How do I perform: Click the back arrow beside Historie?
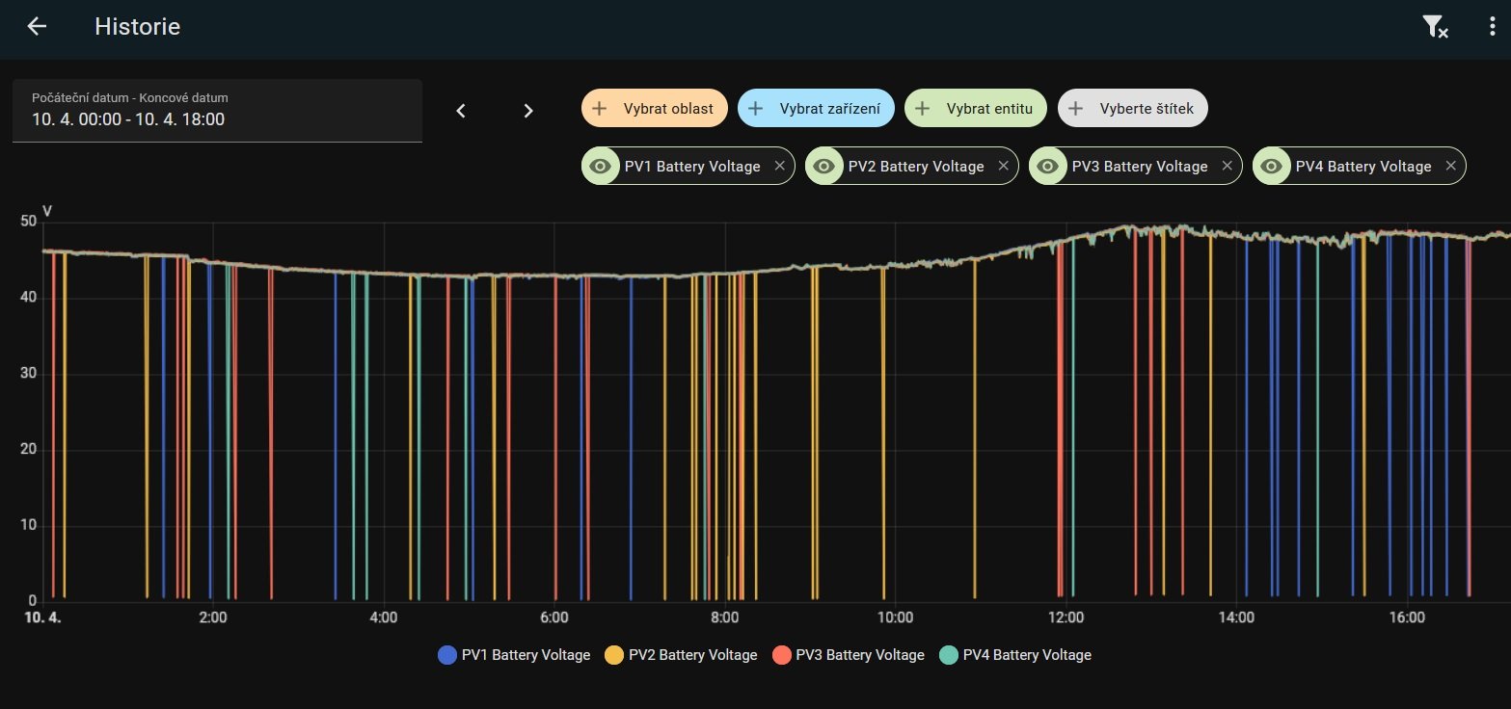point(37,27)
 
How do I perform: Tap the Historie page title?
point(137,27)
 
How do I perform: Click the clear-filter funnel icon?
point(1435,27)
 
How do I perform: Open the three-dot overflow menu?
point(1491,27)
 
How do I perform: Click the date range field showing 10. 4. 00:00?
point(217,111)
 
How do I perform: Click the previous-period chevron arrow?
point(461,111)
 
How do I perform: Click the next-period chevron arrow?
point(527,111)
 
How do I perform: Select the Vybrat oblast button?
point(653,109)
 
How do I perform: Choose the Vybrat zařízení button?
point(815,109)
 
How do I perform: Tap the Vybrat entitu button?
point(975,109)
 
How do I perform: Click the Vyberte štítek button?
point(1132,109)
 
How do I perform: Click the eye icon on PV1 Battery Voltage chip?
point(600,166)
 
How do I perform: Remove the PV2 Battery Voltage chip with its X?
point(1003,166)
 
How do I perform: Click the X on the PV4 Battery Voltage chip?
point(1450,166)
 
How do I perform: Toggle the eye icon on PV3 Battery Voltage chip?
point(1047,166)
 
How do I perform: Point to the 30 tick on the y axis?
point(28,374)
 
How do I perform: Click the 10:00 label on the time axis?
point(895,617)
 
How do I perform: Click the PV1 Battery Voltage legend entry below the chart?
point(514,655)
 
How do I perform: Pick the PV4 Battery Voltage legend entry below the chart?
point(1014,655)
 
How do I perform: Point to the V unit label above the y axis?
point(47,211)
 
